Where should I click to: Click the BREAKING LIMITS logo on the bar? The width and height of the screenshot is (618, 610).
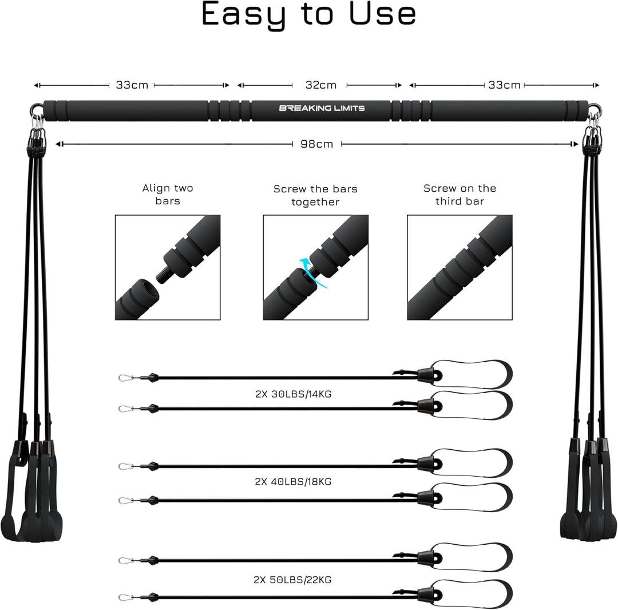pyautogui.click(x=322, y=108)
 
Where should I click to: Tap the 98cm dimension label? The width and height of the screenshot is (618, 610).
pyautogui.click(x=316, y=144)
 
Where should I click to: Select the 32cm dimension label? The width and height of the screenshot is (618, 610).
pyautogui.click(x=321, y=85)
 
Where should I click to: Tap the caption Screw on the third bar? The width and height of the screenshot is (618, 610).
pyautogui.click(x=459, y=195)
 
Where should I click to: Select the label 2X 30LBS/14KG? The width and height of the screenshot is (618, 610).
pyautogui.click(x=293, y=394)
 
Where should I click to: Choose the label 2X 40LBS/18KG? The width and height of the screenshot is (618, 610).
pyautogui.click(x=293, y=482)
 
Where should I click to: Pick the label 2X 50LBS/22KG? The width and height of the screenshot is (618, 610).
pyautogui.click(x=292, y=580)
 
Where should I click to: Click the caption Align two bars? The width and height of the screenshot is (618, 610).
pyautogui.click(x=168, y=194)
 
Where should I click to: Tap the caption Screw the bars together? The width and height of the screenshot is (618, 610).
pyautogui.click(x=315, y=196)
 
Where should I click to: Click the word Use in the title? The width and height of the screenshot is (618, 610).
pyautogui.click(x=382, y=14)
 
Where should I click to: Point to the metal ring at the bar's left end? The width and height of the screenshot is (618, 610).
pyautogui.click(x=36, y=108)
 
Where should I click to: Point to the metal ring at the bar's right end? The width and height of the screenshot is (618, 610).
pyautogui.click(x=594, y=109)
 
